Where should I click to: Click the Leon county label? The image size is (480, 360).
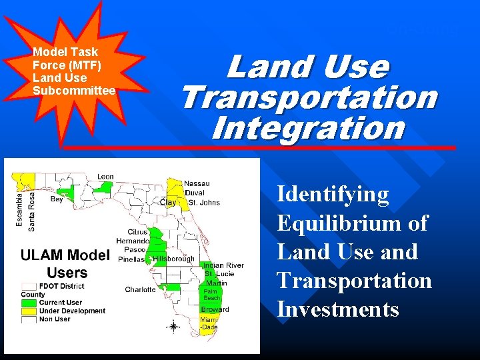pyautogui.click(x=105, y=177)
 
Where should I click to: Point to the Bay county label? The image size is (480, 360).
pyautogui.click(x=57, y=199)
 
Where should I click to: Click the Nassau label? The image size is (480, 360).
pyautogui.click(x=197, y=183)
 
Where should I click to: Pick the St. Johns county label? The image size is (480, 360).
pyautogui.click(x=203, y=203)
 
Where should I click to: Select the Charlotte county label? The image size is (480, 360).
pyautogui.click(x=140, y=289)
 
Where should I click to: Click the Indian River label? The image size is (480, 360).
pyautogui.click(x=223, y=265)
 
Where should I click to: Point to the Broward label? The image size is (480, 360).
pyautogui.click(x=215, y=309)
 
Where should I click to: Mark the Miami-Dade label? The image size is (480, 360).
pyautogui.click(x=209, y=323)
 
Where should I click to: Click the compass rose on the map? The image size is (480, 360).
pyautogui.click(x=173, y=326)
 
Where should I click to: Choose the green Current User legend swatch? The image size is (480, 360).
pyautogui.click(x=29, y=303)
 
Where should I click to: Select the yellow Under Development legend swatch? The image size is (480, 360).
pyautogui.click(x=29, y=311)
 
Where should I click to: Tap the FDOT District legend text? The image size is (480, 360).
pyautogui.click(x=63, y=285)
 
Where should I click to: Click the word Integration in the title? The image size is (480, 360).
pyautogui.click(x=308, y=127)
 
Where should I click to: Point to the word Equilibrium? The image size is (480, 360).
pyautogui.click(x=352, y=223)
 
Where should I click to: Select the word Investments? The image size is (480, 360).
pyautogui.click(x=338, y=310)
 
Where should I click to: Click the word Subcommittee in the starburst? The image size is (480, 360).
pyautogui.click(x=74, y=90)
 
